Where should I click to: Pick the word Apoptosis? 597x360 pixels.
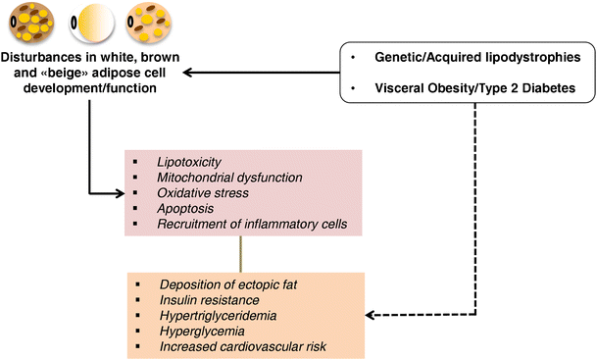pos(186,210)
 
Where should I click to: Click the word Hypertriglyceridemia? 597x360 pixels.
pos(218,315)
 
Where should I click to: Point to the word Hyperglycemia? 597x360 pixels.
pos(199,332)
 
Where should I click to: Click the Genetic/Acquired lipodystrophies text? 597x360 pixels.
pos(470,59)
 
